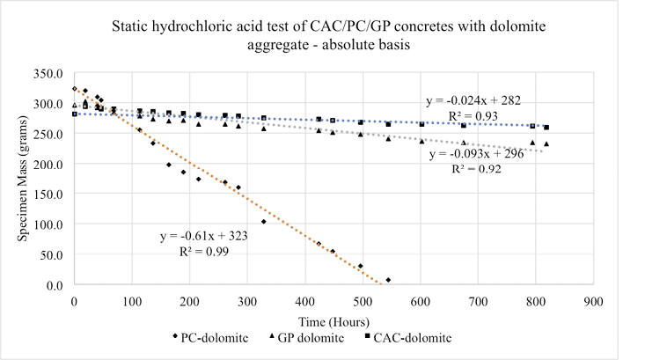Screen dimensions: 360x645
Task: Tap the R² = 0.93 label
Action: coord(465,115)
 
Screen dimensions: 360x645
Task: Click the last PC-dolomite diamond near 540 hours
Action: coord(388,280)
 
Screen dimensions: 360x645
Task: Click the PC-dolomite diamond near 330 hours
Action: coord(264,221)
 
